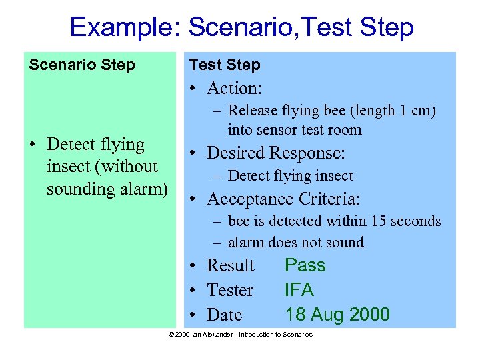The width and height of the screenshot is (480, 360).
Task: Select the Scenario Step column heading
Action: (x=81, y=65)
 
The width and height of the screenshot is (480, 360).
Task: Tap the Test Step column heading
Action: (x=225, y=65)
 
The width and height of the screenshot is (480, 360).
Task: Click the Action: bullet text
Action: (x=233, y=88)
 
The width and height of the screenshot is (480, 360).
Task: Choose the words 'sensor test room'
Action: (x=307, y=129)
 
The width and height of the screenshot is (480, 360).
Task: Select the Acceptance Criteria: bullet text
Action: (x=283, y=199)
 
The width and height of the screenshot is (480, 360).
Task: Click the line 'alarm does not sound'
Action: (x=295, y=243)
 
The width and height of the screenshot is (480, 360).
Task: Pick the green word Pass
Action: (x=305, y=265)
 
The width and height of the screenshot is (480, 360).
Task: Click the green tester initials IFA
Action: (x=299, y=290)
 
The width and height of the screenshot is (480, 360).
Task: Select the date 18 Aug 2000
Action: (x=337, y=314)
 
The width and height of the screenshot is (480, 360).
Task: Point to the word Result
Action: (x=231, y=265)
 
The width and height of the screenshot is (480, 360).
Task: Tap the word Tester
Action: (x=230, y=290)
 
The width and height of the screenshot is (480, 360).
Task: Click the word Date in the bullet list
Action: (x=225, y=314)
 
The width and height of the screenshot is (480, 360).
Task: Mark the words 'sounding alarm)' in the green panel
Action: (x=107, y=189)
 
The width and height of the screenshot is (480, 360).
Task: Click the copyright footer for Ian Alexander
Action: (x=240, y=334)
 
